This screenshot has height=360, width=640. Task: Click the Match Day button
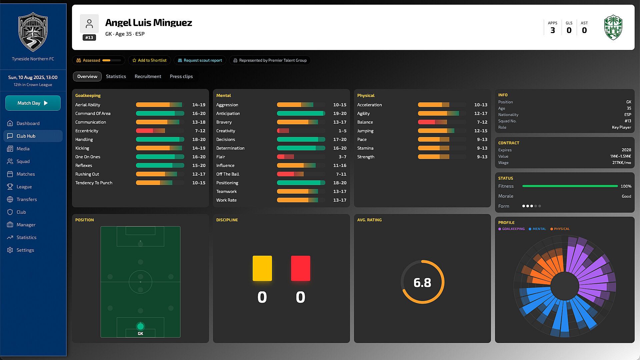[33, 103]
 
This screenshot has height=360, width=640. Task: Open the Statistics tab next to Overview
[116, 76]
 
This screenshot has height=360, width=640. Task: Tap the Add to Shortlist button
[149, 60]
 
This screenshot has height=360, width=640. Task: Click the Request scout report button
[200, 60]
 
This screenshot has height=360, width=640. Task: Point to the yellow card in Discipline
[262, 268]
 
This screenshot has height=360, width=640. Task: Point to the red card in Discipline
[301, 268]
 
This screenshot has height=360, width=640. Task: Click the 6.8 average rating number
[422, 283]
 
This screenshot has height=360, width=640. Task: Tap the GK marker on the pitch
[140, 326]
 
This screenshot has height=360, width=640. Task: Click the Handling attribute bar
[160, 139]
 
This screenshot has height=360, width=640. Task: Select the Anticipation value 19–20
[340, 113]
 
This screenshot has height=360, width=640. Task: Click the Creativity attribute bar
[301, 131]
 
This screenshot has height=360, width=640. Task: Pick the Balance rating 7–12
[482, 122]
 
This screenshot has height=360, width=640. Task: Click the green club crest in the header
[613, 27]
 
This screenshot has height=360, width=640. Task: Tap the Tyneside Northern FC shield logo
[33, 32]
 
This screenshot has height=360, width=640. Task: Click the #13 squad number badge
[89, 38]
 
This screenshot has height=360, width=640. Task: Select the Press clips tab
[181, 76]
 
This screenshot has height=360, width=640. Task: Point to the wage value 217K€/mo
[622, 163]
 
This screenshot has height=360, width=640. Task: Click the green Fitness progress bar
[570, 186]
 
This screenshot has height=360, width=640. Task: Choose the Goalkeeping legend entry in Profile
[511, 229]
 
